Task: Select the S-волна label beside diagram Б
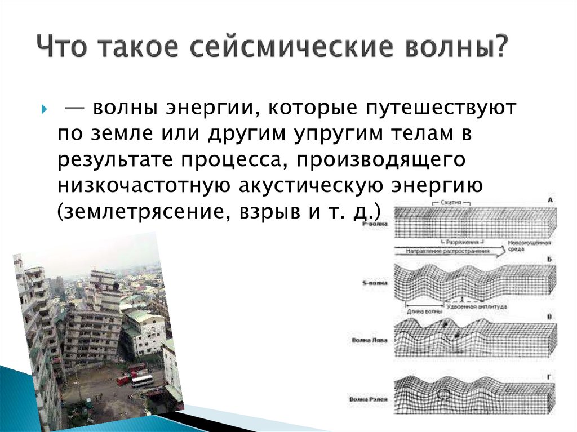tap(374, 283)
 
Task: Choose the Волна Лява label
tap(369, 341)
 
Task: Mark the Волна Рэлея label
tap(369, 399)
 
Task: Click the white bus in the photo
tap(143, 381)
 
